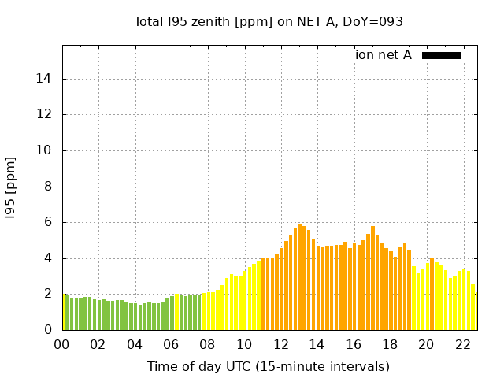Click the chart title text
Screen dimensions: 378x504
269,22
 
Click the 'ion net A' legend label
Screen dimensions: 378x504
384,55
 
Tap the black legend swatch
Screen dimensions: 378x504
441,55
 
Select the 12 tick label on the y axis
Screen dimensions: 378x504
45,114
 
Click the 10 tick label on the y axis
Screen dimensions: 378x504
45,150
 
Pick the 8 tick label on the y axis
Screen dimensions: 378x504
48,187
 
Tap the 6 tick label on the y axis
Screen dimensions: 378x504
48,222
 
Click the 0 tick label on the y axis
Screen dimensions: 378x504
48,330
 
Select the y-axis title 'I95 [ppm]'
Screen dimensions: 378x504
11,187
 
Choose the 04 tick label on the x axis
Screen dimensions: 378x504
135,344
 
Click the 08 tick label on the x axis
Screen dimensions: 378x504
208,344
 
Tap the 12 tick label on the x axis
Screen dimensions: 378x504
280,344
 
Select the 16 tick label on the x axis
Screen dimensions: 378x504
354,344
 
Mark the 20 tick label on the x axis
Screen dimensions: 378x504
426,344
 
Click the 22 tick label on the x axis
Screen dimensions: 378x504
462,344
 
